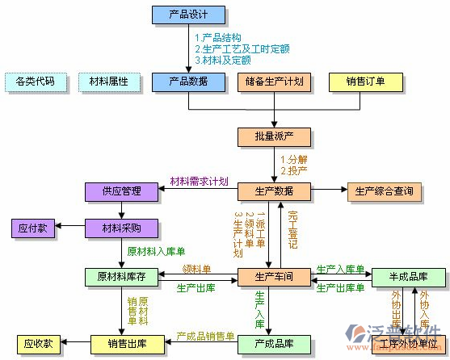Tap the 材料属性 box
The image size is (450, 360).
[x=108, y=82]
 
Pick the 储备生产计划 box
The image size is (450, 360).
[x=273, y=82]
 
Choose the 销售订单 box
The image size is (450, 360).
[x=364, y=82]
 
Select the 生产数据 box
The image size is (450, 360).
[x=273, y=192]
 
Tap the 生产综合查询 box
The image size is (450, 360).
[x=385, y=192]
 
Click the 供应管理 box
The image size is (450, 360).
[x=121, y=192]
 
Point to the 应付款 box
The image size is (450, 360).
[x=32, y=228]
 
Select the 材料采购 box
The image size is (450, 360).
[x=121, y=228]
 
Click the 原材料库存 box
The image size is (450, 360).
[x=121, y=277]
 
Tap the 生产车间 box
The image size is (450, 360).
[x=273, y=277]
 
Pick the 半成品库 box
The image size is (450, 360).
[x=407, y=277]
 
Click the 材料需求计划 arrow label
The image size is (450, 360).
[x=199, y=181]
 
